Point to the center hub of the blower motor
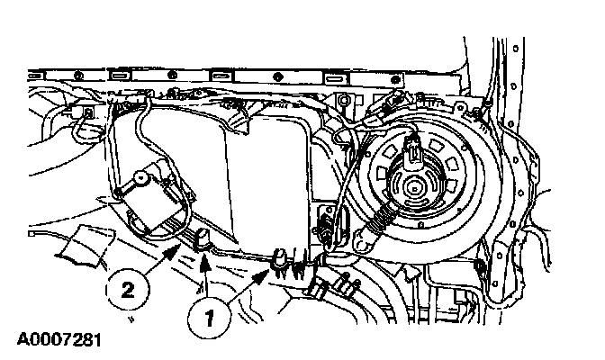point(416,186)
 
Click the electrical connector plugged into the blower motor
point(412,150)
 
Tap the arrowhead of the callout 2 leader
point(187,245)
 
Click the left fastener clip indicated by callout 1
point(204,238)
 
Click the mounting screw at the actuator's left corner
point(121,191)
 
